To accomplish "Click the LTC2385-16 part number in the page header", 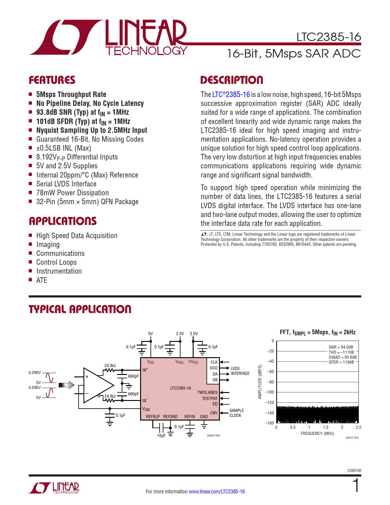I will tap(329, 37).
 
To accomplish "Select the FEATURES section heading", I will tap(52, 80).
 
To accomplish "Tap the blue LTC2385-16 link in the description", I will tap(231, 95).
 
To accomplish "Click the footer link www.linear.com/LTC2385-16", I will tap(217, 492).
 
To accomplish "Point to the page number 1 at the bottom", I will tap(356, 486).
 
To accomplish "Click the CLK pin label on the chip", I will tap(214, 362).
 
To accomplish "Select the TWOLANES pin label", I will tap(207, 392).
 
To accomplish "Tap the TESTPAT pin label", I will tap(210, 398).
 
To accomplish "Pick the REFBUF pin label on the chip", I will tap(153, 417).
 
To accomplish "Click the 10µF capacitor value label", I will tap(161, 436).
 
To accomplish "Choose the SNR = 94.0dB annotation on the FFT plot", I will tap(341, 347).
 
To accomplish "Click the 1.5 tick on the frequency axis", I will tap(325, 427).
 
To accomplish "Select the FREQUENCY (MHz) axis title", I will tap(317, 433).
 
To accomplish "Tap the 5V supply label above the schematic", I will tap(150, 334).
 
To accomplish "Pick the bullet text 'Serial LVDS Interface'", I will tap(66, 184).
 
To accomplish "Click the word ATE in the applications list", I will tap(42, 280).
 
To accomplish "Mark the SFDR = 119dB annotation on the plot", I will tap(341, 362).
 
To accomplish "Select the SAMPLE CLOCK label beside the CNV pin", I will tap(236, 413).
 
